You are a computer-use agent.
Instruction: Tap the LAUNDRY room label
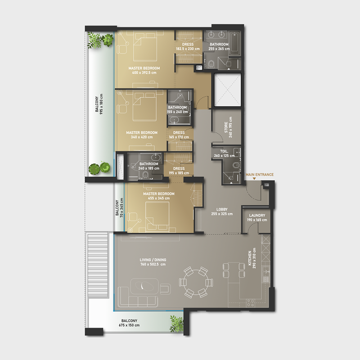point(256,216)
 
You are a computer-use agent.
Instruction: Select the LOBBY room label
point(222,209)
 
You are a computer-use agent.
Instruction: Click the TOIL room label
point(224,151)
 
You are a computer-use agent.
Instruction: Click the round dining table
point(194,282)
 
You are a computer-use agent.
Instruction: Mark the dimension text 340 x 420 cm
point(142,137)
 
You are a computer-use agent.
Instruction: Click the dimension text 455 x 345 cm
point(156,198)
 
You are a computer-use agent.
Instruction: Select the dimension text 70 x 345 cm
point(121,208)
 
